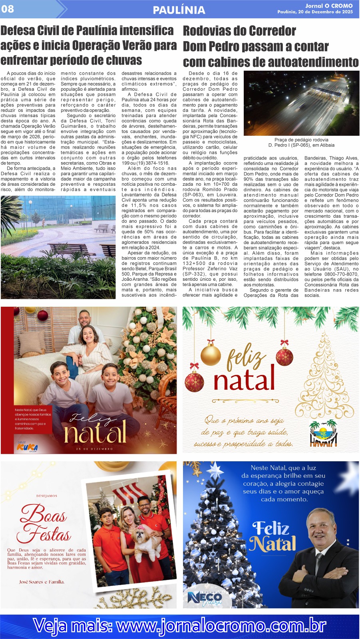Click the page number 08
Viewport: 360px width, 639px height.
click(8, 9)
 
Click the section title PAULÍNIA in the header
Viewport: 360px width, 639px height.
click(179, 10)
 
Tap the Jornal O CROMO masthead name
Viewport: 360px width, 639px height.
click(329, 6)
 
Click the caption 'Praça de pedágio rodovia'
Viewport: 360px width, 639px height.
click(301, 140)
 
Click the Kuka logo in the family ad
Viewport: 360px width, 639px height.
click(27, 447)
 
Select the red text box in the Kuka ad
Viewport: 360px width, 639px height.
click(32, 419)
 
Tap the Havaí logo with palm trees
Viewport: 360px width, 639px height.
click(323, 434)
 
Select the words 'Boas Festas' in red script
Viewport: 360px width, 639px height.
click(44, 523)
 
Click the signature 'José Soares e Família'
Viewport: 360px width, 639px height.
click(42, 582)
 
